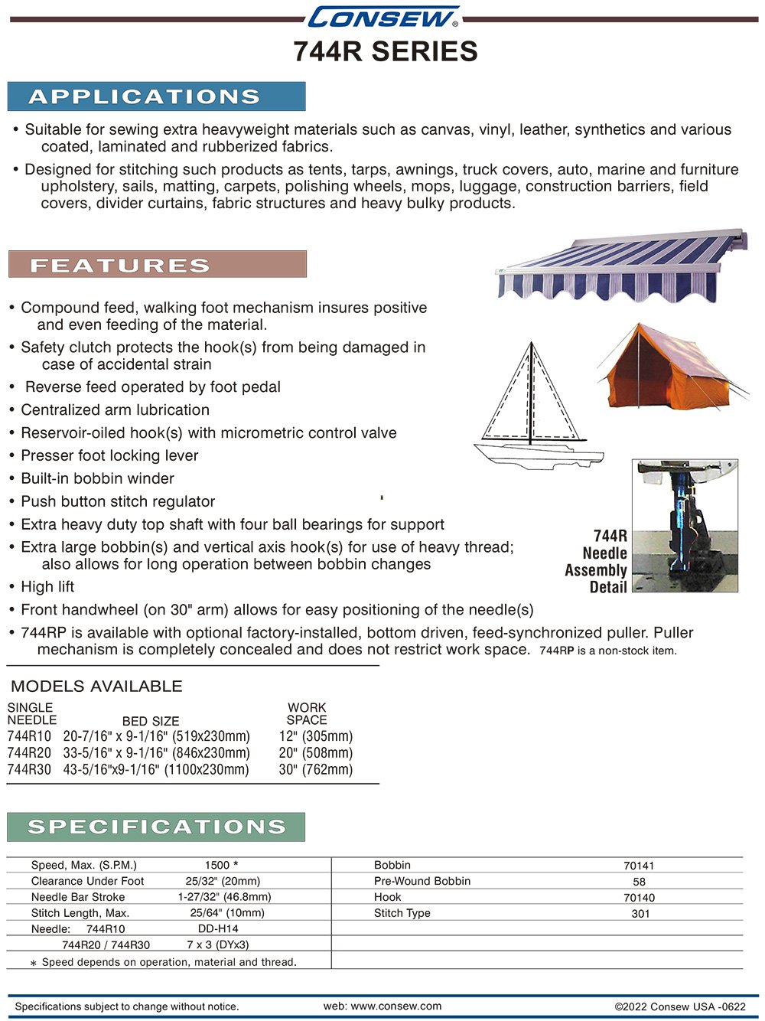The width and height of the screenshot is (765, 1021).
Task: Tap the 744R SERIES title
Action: [385, 52]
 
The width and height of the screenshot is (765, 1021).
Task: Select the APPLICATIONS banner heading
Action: [156, 96]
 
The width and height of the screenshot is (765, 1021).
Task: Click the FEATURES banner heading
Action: [157, 265]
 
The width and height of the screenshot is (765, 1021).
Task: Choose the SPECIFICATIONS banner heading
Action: [156, 827]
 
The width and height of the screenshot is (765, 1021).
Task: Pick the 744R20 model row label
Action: [29, 753]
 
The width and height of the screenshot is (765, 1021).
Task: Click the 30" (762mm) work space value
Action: [315, 770]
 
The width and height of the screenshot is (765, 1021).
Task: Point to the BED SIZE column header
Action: [151, 721]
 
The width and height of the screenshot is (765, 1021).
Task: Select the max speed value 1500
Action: [217, 865]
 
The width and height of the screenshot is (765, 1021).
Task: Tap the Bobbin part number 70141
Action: [639, 866]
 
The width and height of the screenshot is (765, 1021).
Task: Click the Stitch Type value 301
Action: [640, 913]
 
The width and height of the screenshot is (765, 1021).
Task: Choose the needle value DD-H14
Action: [218, 928]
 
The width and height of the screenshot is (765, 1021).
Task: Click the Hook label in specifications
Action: [387, 897]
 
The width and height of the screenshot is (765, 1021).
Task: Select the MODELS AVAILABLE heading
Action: [96, 687]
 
